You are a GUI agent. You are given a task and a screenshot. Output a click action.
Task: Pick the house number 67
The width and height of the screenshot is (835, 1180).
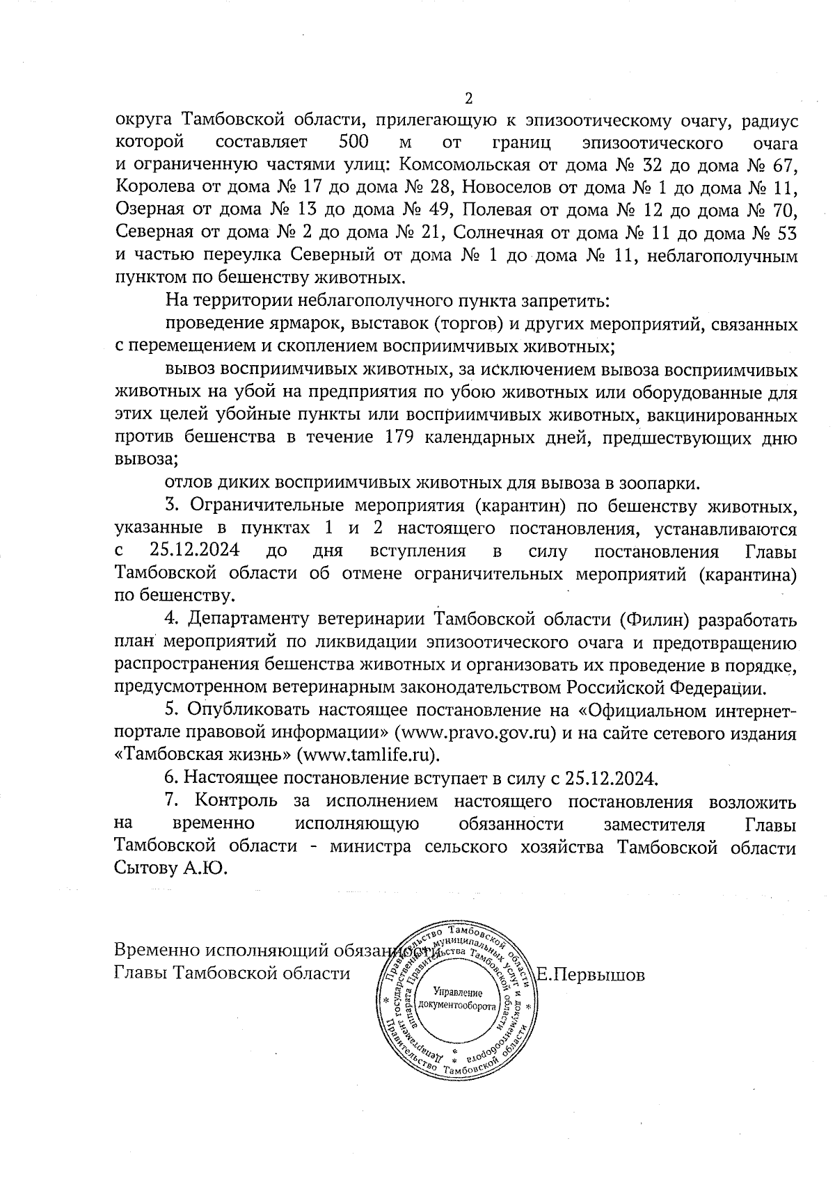[x=784, y=166]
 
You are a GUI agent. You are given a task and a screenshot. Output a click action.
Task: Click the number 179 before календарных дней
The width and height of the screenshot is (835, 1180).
[x=402, y=438]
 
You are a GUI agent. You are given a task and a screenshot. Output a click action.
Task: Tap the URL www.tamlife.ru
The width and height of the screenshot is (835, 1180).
[x=369, y=754]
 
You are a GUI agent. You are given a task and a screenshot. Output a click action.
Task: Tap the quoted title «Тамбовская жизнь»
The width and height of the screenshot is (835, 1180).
[x=202, y=754]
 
